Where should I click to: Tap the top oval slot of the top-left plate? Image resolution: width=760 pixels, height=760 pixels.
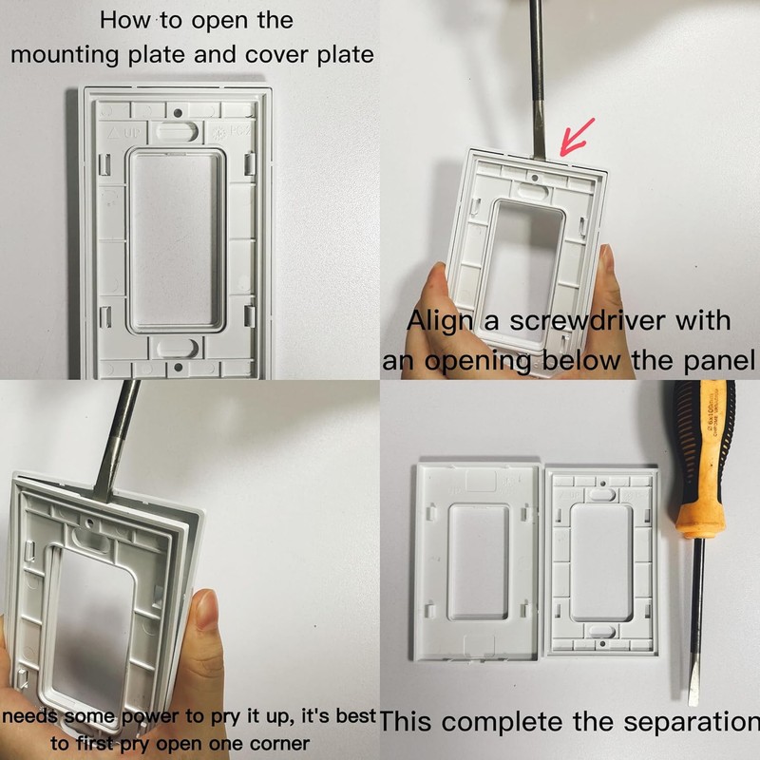(178, 130)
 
